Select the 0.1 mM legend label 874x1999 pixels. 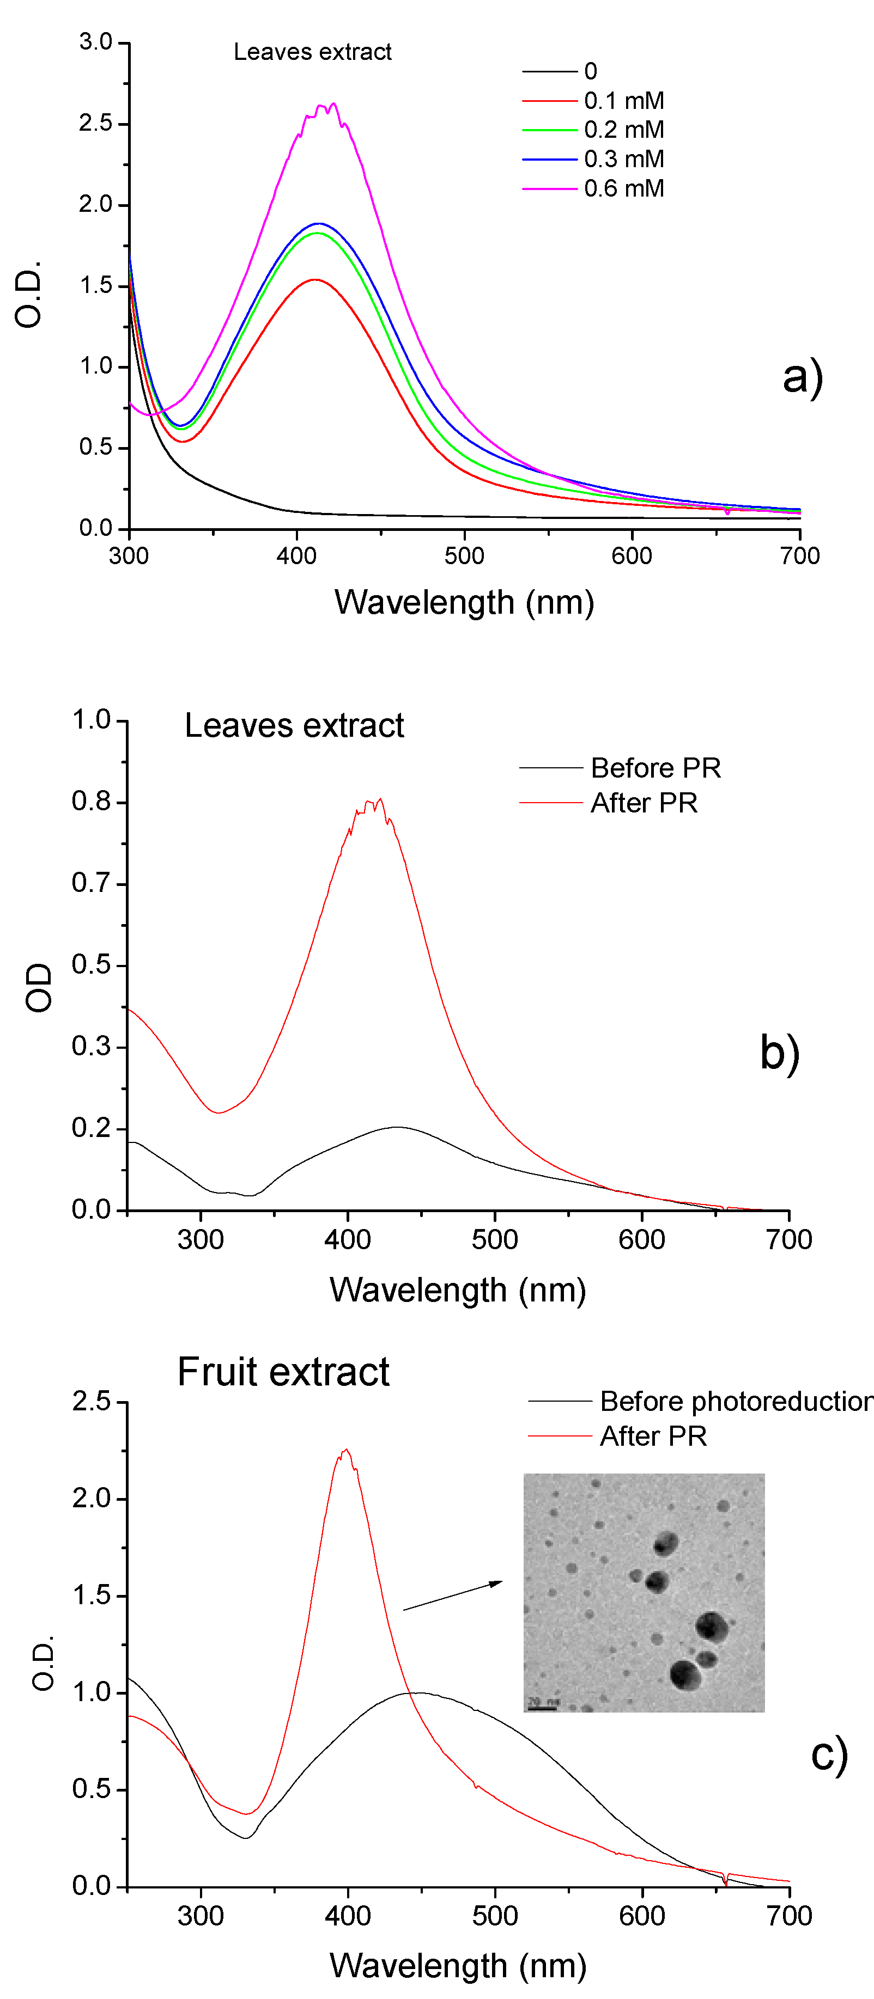pyautogui.click(x=623, y=101)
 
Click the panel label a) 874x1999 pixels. pyautogui.click(x=803, y=377)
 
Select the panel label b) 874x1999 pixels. pyautogui.click(x=779, y=1053)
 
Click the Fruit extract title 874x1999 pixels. pyautogui.click(x=283, y=1372)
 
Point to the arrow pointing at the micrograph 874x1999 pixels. pyautogui.click(x=452, y=1596)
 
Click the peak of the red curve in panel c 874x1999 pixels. pyautogui.click(x=346, y=1449)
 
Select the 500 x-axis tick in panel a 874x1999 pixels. pyautogui.click(x=464, y=555)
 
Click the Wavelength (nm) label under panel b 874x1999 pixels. pyautogui.click(x=457, y=1289)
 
